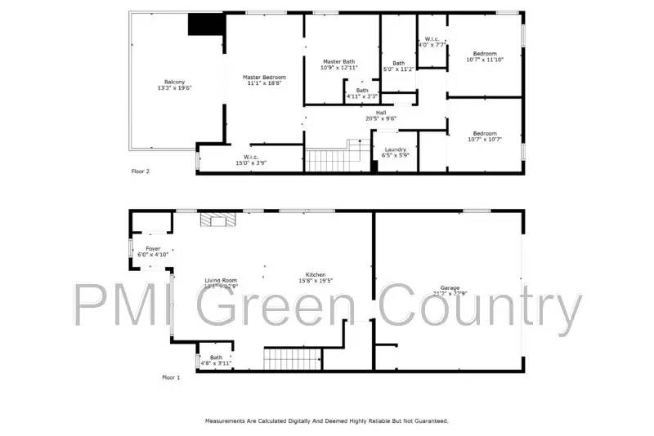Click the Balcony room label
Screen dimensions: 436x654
174,82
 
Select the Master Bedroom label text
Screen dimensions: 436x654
263,77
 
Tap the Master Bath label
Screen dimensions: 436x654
338,61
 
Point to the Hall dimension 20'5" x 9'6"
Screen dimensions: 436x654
380,119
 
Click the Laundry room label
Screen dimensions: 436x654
395,149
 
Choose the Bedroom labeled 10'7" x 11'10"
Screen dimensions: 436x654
485,53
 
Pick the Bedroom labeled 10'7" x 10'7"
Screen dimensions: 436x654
485,133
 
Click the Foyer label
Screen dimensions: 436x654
153,248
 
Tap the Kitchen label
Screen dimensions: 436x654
316,274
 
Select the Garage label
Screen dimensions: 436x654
450,287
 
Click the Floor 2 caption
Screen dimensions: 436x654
141,171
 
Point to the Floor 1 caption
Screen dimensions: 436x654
171,377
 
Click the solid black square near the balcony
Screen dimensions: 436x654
205,24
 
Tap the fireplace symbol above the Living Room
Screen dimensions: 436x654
217,220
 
